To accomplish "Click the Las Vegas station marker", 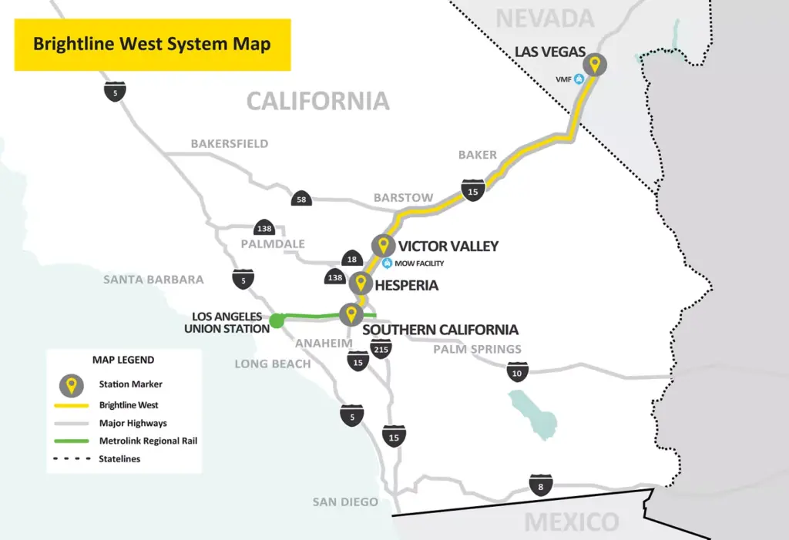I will (593, 64).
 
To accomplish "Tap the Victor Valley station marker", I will (382, 246).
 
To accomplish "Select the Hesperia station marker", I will (359, 283).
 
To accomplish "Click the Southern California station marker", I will (351, 314).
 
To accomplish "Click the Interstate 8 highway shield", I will (540, 485).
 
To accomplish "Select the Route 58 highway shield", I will (301, 200).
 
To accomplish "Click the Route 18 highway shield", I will (351, 260).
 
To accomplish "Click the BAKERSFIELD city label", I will (230, 143).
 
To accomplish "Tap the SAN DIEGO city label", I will (345, 502).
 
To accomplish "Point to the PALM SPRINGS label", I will (477, 349).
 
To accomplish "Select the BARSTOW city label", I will (403, 197).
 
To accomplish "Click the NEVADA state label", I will (545, 18).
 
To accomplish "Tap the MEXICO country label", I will (572, 522).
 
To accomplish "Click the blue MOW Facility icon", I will (388, 263).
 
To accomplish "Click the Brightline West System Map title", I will (152, 44).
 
